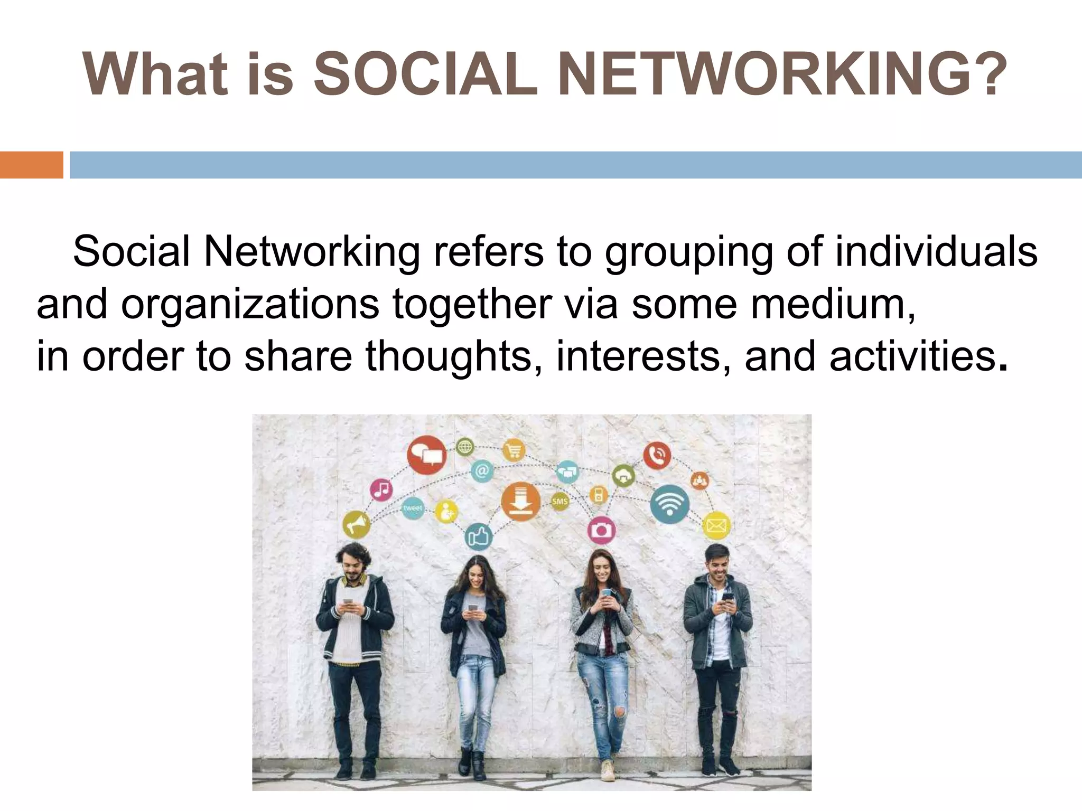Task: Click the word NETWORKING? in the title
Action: point(782,76)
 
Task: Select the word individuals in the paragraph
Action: point(936,252)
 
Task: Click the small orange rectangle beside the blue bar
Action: point(31,165)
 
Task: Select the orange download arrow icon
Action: point(520,502)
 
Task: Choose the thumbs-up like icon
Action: point(479,537)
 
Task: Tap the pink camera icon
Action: point(601,530)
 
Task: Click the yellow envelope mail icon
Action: point(716,525)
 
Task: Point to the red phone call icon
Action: point(657,455)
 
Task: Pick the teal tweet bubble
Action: point(413,508)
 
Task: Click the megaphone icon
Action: point(356,524)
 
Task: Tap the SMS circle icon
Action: point(559,501)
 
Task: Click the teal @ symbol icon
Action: point(482,470)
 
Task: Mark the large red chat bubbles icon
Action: point(426,454)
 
